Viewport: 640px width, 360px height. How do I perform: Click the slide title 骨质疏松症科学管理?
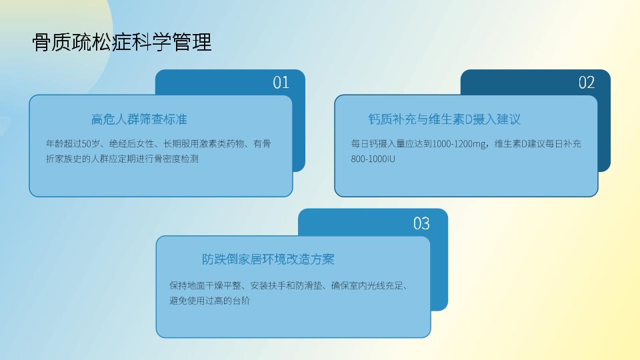(121, 42)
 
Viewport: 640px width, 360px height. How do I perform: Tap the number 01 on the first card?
(281, 83)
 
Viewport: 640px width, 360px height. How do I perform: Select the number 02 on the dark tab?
(587, 83)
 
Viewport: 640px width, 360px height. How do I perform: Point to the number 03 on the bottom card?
(421, 223)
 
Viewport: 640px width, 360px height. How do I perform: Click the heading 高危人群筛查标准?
(139, 119)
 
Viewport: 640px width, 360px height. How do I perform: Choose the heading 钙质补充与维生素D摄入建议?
(445, 119)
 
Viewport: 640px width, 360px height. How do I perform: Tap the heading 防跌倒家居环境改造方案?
(268, 259)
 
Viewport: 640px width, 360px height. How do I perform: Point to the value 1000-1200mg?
(459, 144)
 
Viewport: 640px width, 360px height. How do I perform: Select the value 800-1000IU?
(373, 159)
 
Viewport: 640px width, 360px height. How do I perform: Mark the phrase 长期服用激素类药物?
(204, 144)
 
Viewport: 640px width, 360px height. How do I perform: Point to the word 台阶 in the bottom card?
(241, 301)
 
